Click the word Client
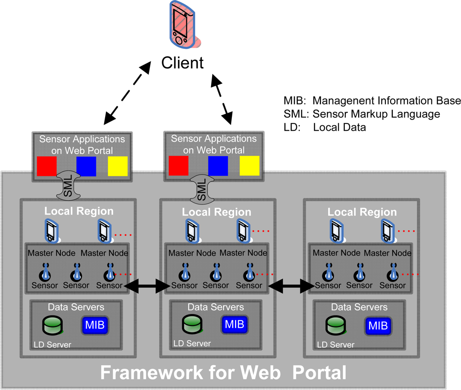point(183,62)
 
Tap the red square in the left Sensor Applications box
point(47,166)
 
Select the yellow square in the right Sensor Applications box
point(249,166)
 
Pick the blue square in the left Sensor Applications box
point(86,166)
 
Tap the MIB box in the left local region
point(95,325)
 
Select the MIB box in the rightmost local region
point(378,326)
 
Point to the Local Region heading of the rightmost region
point(362,212)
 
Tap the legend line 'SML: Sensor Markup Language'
point(362,114)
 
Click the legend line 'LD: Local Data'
point(325,128)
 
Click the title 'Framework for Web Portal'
point(223,372)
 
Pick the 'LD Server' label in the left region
point(53,344)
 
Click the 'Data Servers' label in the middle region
point(216,307)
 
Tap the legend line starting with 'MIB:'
point(372,100)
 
